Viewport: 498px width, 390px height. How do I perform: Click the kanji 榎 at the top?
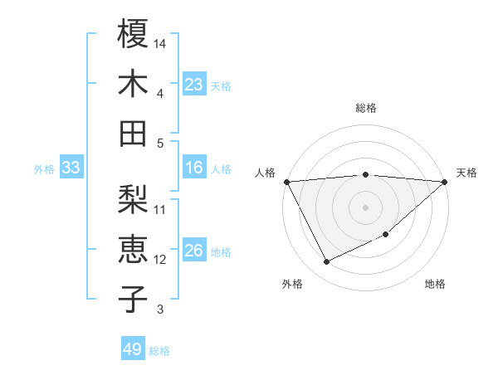point(134,36)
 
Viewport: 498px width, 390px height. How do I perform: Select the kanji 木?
point(134,84)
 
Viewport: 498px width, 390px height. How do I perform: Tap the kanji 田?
point(134,133)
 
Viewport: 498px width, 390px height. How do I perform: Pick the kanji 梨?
point(134,200)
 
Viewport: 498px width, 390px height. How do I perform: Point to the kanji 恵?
point(134,250)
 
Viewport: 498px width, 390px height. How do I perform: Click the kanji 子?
point(134,299)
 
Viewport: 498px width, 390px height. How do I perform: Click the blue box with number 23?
point(194,85)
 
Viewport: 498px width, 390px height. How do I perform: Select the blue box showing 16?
point(194,168)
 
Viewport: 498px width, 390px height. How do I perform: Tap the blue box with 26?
point(194,251)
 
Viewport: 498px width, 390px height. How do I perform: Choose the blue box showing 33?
point(71,168)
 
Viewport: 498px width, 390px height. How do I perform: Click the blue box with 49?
point(133,349)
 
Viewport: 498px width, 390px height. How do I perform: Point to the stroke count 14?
point(160,42)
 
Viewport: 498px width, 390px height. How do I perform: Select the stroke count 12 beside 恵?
point(160,260)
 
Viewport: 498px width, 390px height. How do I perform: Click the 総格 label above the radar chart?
point(366,108)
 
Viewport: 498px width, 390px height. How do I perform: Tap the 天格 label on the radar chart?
point(466,173)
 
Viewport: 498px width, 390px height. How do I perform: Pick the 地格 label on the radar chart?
point(435,284)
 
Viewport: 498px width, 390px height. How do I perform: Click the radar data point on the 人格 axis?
point(286,181)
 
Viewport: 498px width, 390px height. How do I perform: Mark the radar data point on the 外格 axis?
point(326,262)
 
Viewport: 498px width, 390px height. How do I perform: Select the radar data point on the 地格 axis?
point(386,235)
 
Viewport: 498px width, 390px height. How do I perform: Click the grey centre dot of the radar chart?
point(366,207)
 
